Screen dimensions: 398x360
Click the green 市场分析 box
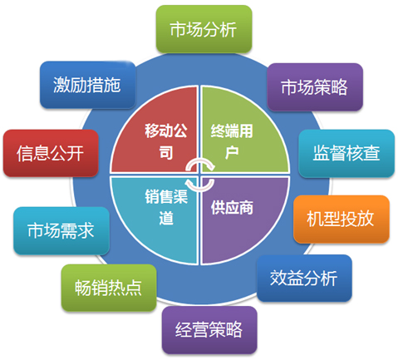point(204,29)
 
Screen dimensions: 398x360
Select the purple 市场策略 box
point(315,87)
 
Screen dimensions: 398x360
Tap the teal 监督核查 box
point(346,153)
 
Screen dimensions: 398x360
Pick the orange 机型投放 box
point(341,219)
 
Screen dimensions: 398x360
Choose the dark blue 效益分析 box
point(304,278)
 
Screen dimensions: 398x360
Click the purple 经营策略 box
point(209,330)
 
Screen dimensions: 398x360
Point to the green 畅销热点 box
point(109,288)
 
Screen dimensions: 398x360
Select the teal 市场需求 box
point(61,230)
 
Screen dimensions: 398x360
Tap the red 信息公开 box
point(51,153)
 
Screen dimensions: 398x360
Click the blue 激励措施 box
point(87,85)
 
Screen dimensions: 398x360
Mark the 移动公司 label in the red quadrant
point(166,141)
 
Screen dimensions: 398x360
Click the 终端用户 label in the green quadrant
point(232,141)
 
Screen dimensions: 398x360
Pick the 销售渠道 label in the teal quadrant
point(166,207)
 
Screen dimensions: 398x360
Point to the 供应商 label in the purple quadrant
point(232,208)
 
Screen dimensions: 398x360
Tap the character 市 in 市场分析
point(178,29)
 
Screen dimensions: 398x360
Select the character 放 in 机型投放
point(366,219)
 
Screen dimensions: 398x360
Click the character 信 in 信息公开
point(25,153)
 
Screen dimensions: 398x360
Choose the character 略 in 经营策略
point(234,330)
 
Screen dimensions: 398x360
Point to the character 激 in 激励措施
point(61,85)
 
